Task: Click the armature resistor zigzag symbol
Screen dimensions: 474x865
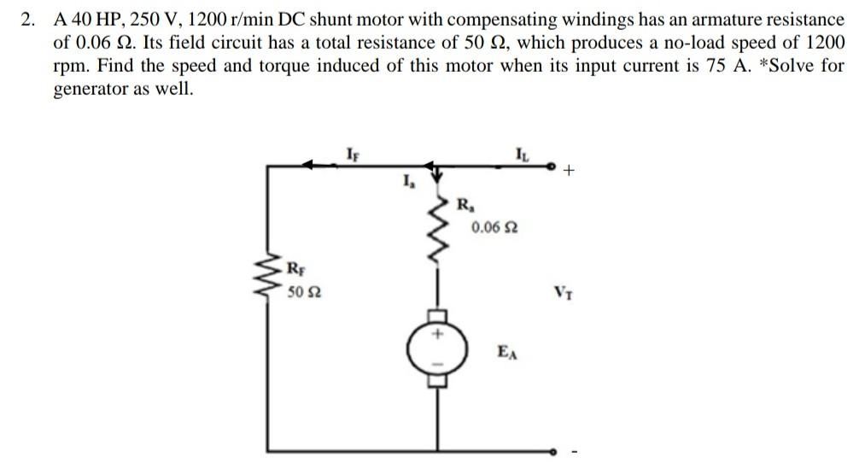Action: click(441, 234)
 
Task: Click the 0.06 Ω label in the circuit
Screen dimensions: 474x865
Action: click(494, 229)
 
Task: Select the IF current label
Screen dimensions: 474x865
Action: click(353, 155)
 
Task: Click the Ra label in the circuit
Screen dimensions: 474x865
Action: click(465, 205)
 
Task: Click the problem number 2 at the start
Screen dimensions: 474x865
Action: click(28, 19)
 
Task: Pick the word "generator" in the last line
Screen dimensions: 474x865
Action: click(90, 90)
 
